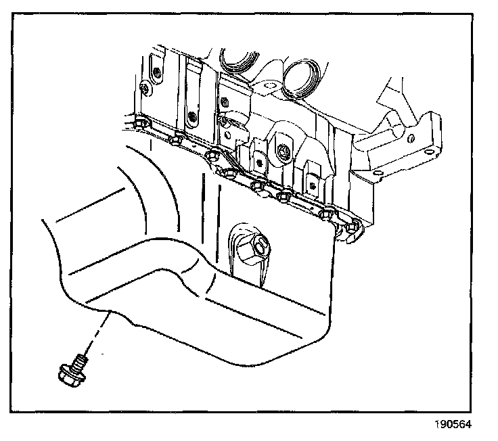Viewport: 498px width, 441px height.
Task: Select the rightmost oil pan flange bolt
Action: (351, 227)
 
